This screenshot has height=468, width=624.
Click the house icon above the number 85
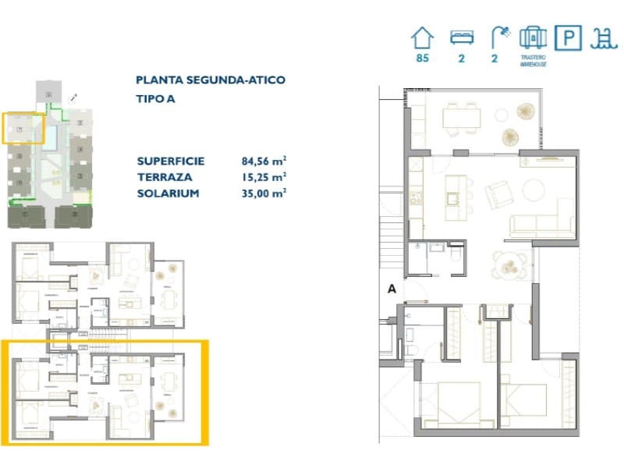[422, 37]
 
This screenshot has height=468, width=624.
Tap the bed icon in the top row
[461, 37]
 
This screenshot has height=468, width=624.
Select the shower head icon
[499, 35]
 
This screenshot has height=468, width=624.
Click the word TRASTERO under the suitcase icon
[533, 57]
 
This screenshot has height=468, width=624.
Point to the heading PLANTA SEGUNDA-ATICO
[210, 80]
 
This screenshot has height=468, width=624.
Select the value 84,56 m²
[264, 161]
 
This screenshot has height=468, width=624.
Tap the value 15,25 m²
[264, 177]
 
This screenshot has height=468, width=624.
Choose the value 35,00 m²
[264, 193]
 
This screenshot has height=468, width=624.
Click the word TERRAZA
[163, 177]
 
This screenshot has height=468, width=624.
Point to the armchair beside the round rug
[496, 193]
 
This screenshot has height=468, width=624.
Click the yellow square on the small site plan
[22, 128]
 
